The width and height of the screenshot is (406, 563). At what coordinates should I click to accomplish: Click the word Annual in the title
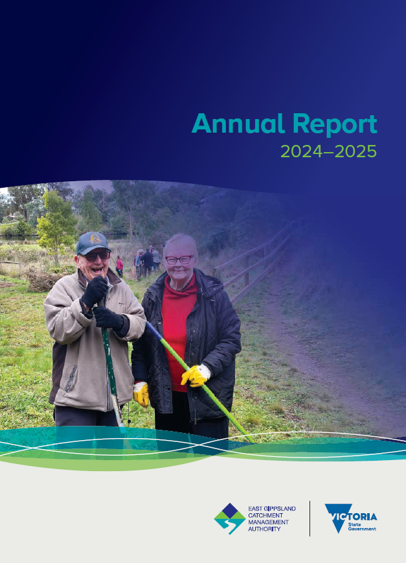239,124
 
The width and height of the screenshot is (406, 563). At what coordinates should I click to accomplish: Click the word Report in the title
335,125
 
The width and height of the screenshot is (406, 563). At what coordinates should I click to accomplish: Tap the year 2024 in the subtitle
302,151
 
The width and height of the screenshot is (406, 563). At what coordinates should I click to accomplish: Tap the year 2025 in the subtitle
355,151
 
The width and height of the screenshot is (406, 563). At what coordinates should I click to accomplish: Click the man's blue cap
93,243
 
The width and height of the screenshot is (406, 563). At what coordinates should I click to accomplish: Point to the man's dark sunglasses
96,256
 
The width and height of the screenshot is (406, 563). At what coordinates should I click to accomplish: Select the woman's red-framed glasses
179,259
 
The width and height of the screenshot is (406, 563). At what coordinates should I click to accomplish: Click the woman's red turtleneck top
178,323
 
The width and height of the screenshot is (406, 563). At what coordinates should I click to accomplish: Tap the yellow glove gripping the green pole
196,375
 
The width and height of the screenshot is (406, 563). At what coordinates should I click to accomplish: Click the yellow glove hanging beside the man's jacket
141,394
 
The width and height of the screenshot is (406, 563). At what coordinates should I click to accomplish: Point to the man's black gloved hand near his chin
95,291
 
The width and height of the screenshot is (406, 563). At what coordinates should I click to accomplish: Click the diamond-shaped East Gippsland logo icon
230,518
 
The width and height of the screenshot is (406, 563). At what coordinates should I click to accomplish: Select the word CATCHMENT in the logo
265,515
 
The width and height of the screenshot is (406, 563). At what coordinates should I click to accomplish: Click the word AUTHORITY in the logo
264,529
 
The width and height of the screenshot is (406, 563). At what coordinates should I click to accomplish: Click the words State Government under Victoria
362,527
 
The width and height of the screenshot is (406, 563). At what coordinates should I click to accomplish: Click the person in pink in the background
120,267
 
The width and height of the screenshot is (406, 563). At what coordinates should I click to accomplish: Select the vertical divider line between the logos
310,518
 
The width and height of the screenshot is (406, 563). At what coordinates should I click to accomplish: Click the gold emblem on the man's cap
95,238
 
